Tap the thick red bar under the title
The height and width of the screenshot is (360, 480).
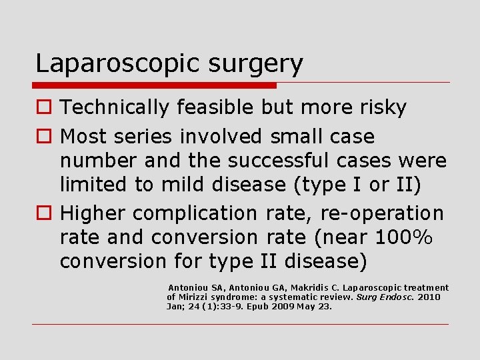point(154,85)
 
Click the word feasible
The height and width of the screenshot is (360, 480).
point(208,107)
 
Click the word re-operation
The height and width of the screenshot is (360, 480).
point(382,213)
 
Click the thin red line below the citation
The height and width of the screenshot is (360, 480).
point(240,325)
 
